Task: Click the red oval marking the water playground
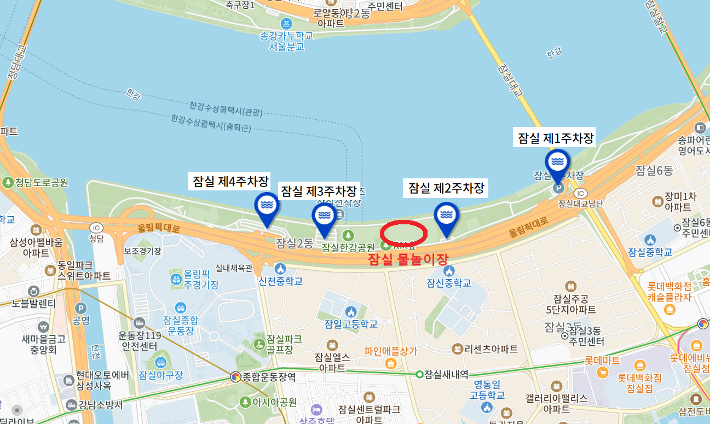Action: click(403, 233)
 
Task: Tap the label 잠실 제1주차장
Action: click(556, 138)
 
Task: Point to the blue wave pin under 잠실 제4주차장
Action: click(267, 205)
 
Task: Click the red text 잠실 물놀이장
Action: click(408, 259)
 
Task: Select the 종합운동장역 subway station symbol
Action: click(235, 376)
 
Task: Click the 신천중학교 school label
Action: click(280, 281)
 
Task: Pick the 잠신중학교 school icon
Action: click(449, 271)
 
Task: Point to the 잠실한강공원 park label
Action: click(348, 247)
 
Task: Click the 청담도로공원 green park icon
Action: click(8, 182)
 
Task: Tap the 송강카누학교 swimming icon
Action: click(286, 24)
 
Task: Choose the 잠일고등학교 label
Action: click(350, 324)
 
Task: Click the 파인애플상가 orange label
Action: click(390, 351)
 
